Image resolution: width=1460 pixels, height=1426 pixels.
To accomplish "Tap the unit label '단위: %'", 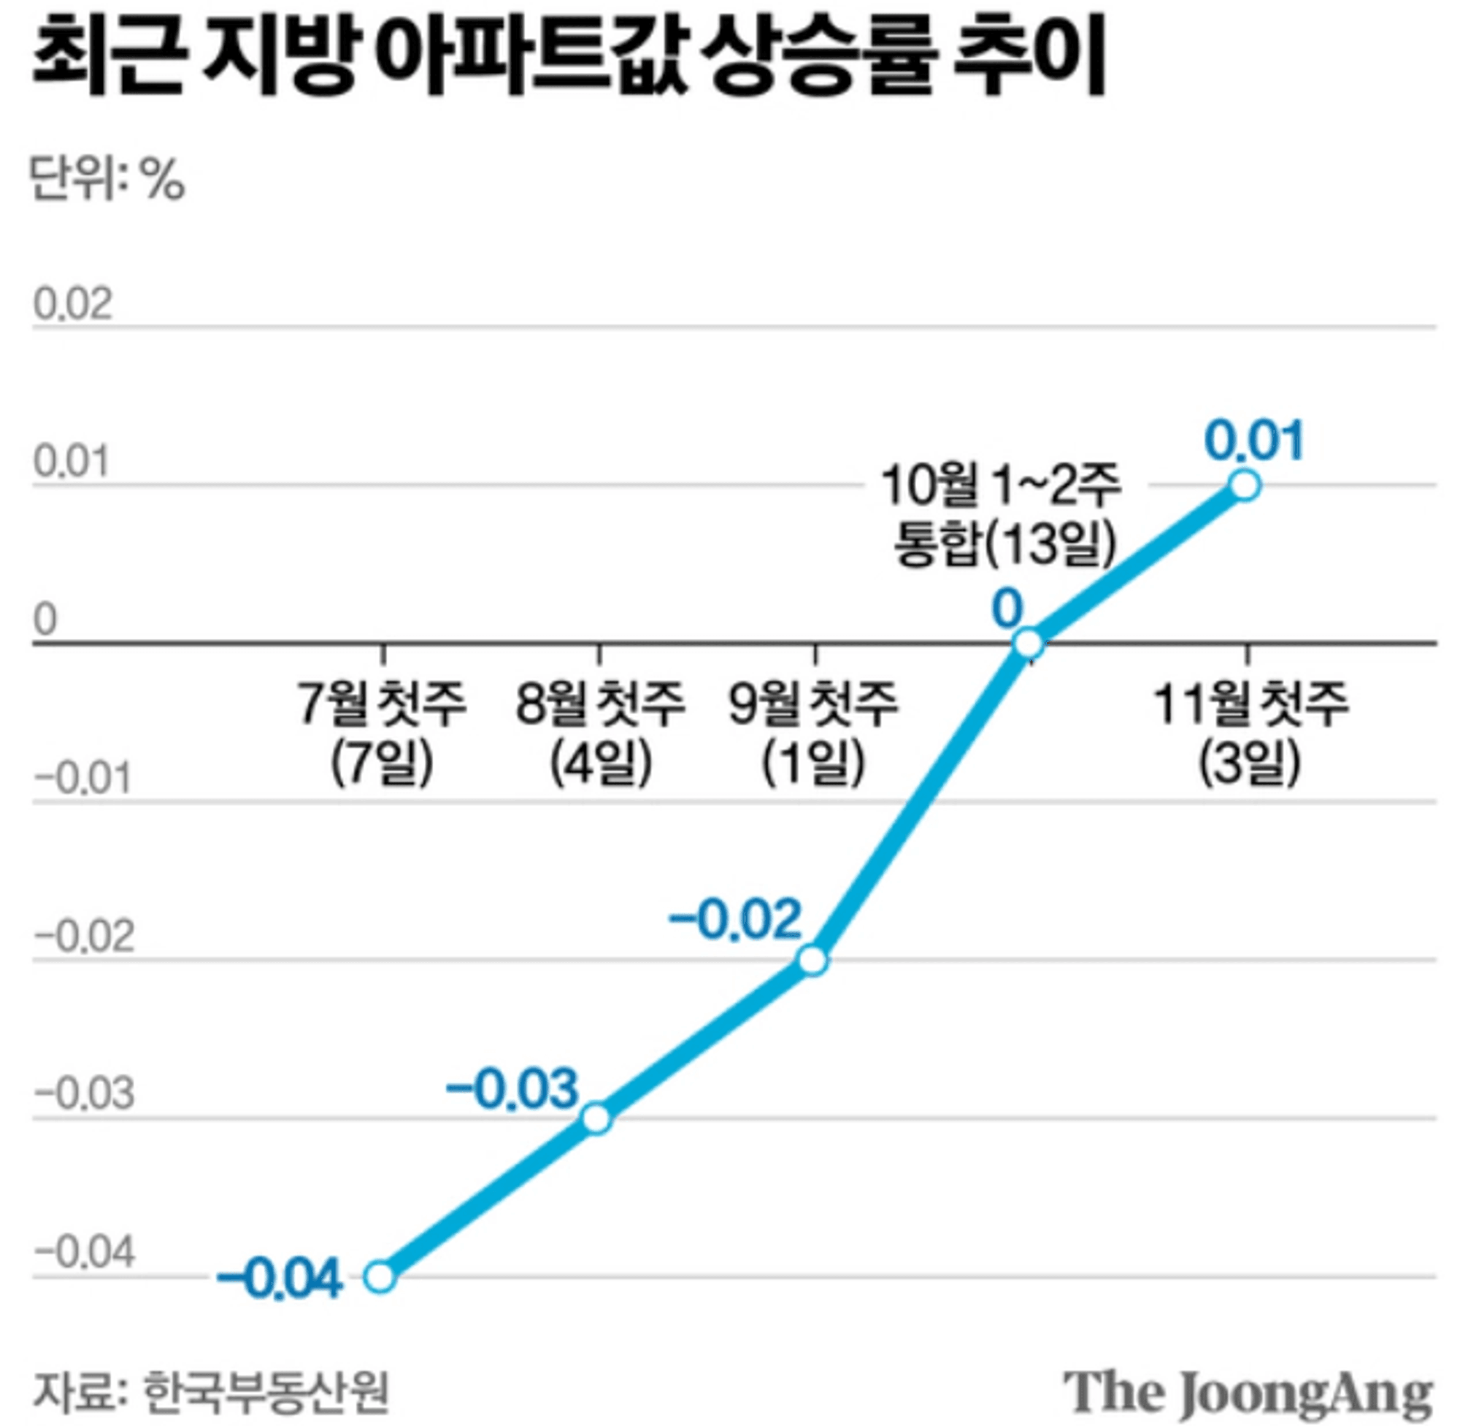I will (107, 180).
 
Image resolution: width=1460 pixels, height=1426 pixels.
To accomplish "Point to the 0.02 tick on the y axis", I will (73, 305).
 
